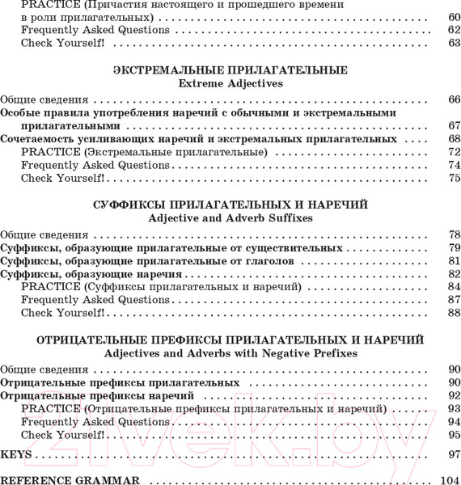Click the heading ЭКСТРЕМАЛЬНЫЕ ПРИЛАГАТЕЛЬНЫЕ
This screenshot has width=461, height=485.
point(230,70)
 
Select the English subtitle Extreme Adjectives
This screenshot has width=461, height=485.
point(230,82)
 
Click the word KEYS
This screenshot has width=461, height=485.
point(16,454)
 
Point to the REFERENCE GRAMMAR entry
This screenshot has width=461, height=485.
point(70,480)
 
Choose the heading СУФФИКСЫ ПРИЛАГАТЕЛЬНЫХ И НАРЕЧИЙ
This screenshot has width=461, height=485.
point(230,205)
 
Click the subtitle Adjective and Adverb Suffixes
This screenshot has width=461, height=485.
point(230,218)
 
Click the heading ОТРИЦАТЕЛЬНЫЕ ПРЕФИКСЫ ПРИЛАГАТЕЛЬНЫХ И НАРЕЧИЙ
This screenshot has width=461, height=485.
point(230,340)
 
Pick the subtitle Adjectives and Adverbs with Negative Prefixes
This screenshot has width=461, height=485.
point(230,353)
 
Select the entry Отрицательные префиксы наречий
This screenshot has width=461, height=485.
point(98,396)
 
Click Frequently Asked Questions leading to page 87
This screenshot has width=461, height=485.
point(95,300)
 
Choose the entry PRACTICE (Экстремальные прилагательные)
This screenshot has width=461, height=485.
point(144,152)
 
